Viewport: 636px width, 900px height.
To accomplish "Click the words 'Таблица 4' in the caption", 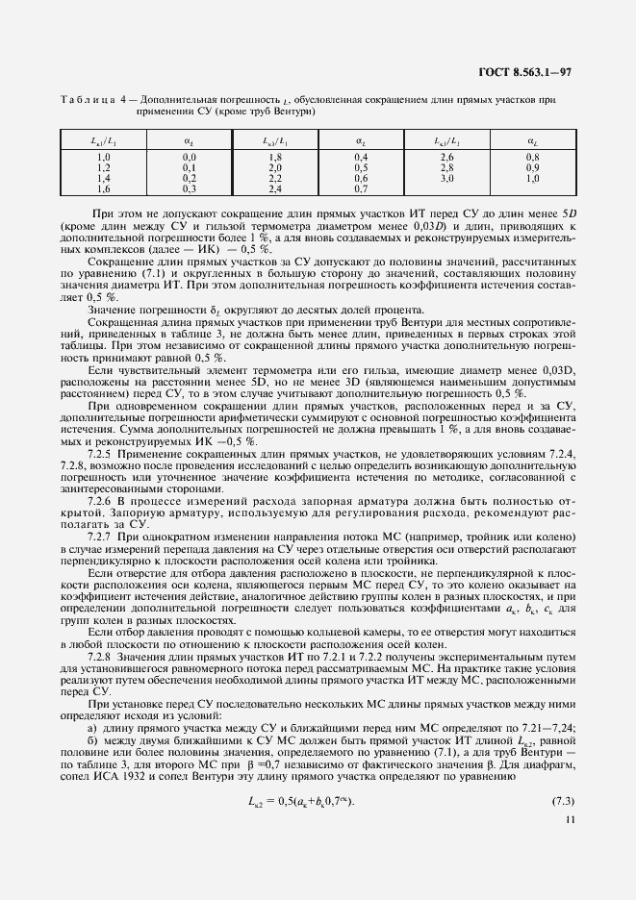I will [x=89, y=99].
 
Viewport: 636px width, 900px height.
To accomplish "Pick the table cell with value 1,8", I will [x=274, y=157].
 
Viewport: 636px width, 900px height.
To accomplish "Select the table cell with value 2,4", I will [x=274, y=188].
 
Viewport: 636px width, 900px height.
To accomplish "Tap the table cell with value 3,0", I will [x=445, y=178].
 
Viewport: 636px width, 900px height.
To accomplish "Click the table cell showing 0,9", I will [x=532, y=167].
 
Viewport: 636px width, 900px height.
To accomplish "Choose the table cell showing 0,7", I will [x=361, y=188].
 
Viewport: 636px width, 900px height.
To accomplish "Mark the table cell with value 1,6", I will [x=104, y=188].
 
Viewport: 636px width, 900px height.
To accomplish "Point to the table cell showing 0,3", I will [x=190, y=188].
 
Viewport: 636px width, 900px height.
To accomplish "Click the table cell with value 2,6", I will [x=445, y=157].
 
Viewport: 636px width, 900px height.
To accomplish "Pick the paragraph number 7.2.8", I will [x=101, y=655].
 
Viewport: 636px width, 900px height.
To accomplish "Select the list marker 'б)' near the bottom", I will [x=92, y=744].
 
